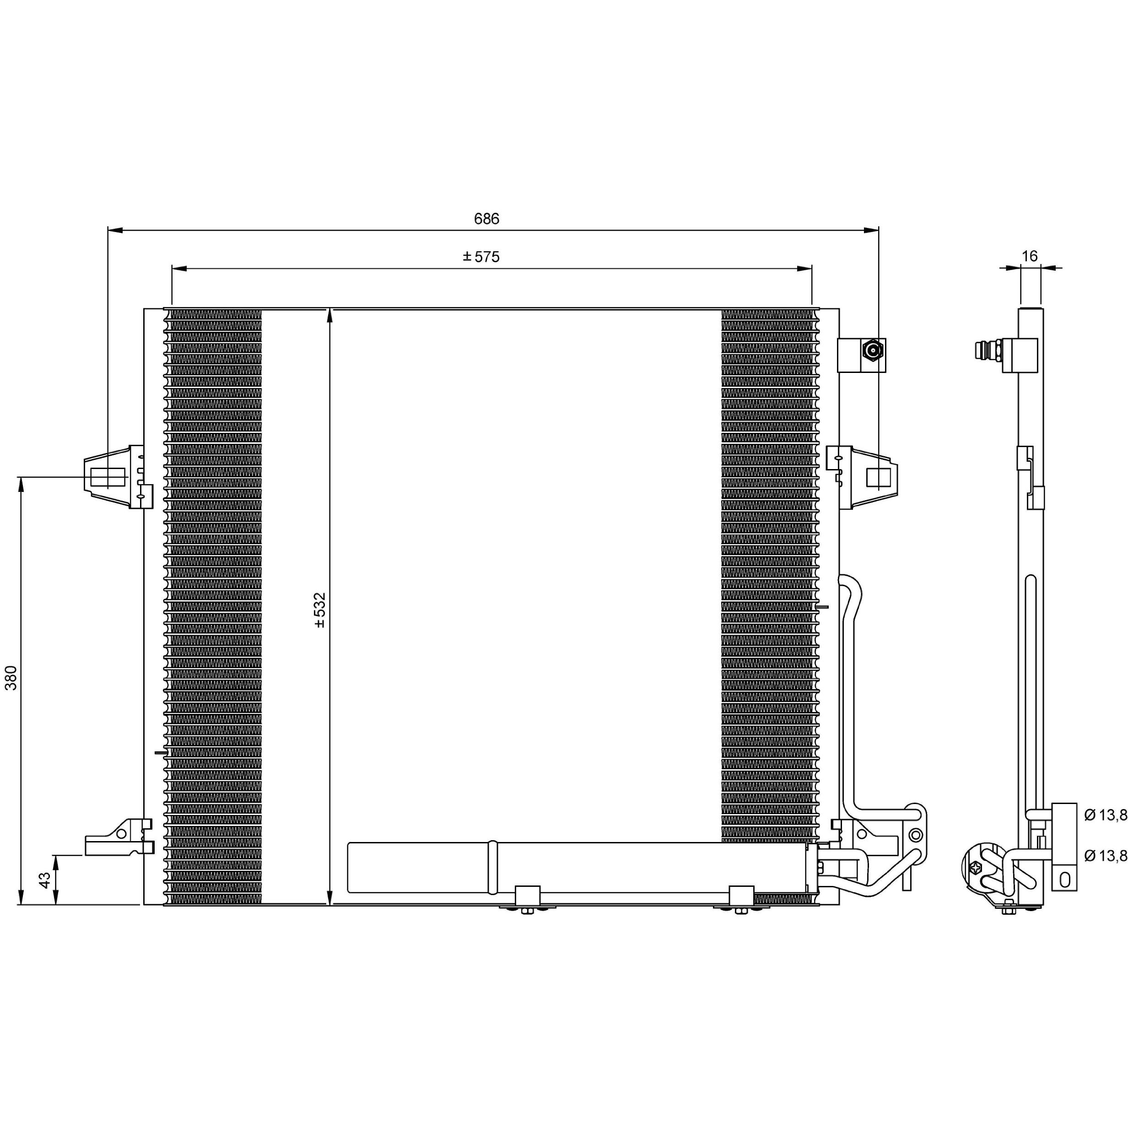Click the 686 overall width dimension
click(486, 219)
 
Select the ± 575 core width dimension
click(481, 257)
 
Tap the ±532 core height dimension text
click(319, 610)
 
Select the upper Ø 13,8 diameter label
click(1105, 815)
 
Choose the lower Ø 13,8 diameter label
click(1105, 856)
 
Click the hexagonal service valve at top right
click(873, 351)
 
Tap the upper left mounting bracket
click(119, 477)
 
